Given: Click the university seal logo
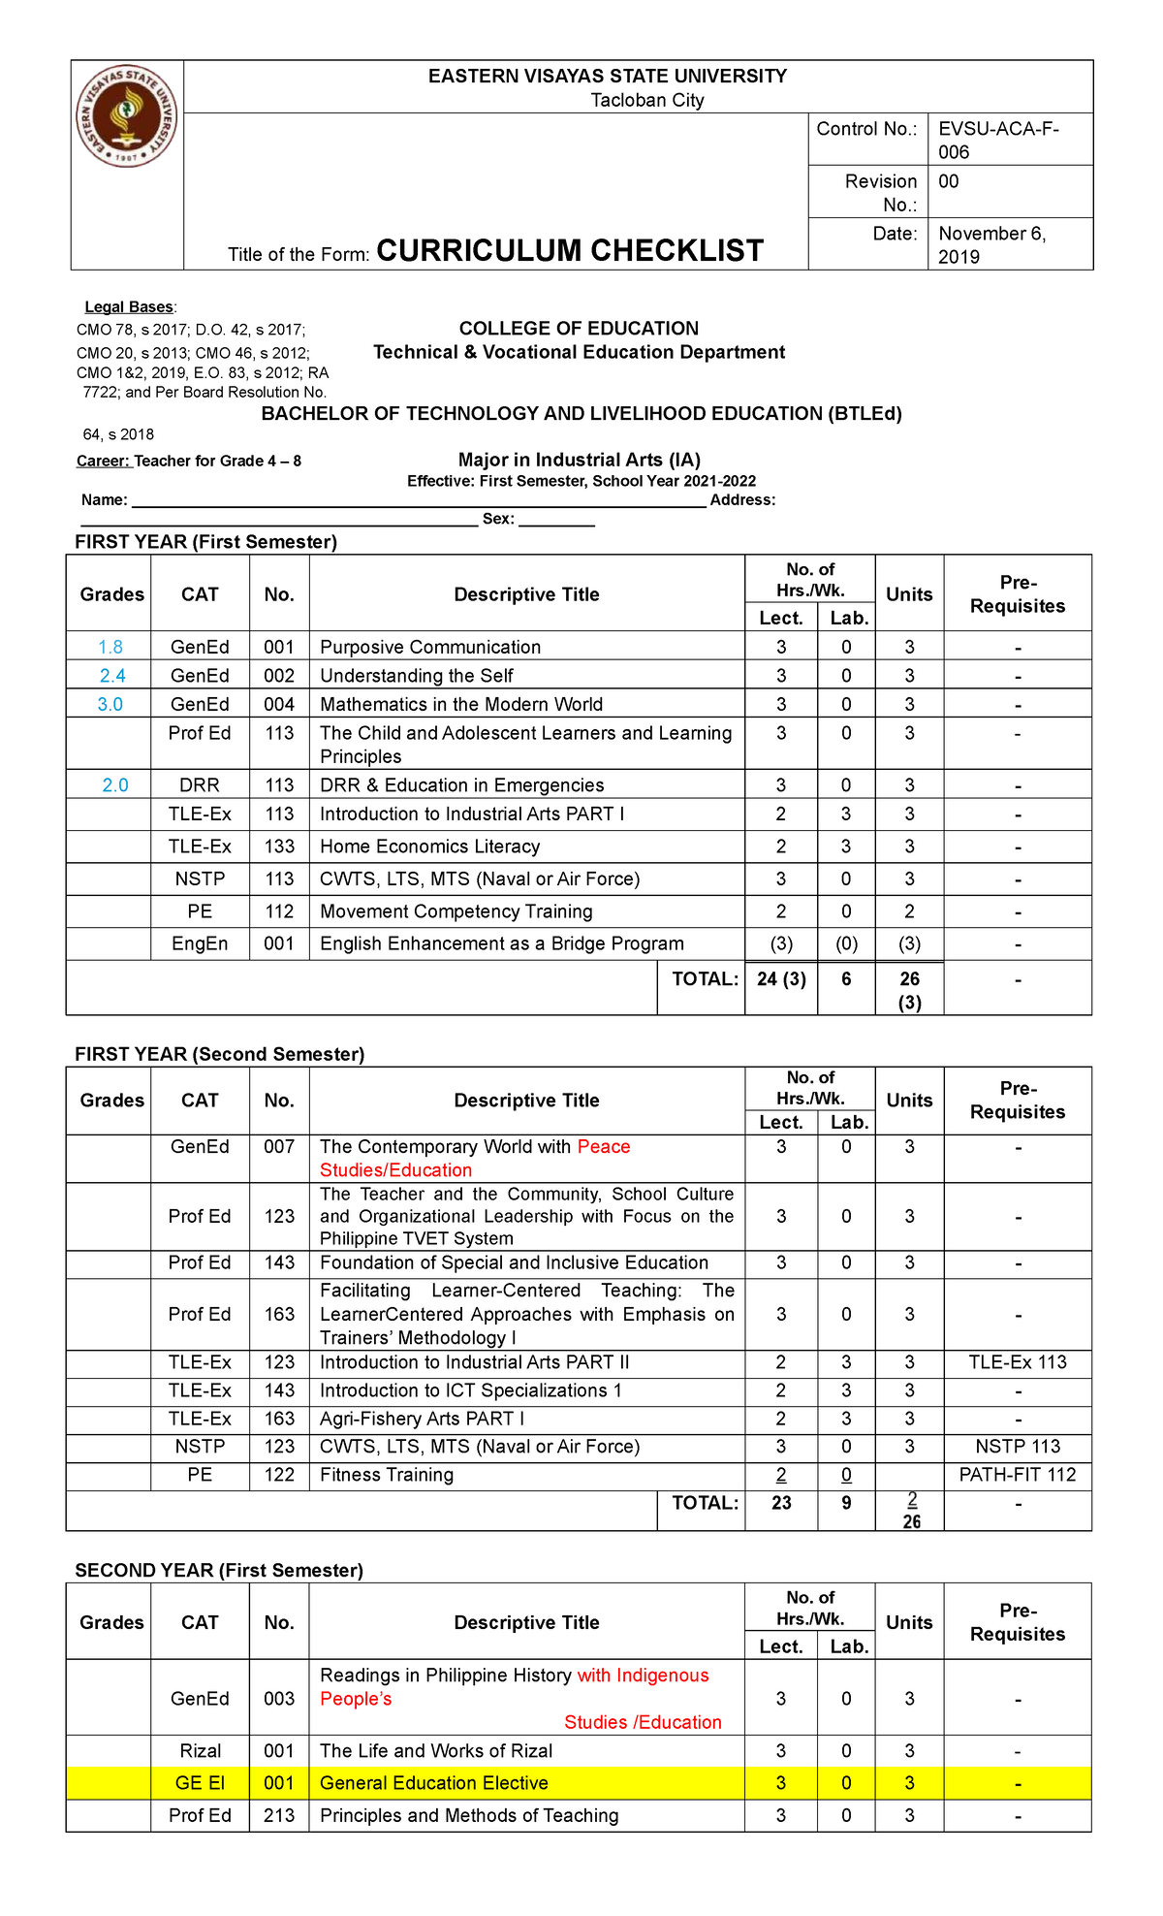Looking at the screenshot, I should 127,116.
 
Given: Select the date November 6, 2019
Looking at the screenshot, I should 991,244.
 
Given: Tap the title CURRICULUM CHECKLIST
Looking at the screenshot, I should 570,251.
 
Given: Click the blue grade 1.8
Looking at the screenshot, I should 110,647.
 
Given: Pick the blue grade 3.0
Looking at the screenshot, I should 110,704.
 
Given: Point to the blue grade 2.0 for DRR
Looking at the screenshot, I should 115,784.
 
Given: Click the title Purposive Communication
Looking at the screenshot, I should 430,647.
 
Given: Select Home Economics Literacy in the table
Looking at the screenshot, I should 429,846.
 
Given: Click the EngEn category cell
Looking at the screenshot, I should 200,943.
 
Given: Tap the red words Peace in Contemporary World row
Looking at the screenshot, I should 604,1146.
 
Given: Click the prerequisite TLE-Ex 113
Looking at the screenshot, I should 1018,1362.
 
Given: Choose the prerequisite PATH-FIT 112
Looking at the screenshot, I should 1018,1475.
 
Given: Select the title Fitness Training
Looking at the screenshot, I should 387,1475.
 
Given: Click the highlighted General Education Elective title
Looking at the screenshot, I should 433,1783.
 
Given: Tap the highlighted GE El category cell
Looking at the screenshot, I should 200,1783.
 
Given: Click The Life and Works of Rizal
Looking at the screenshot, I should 436,1751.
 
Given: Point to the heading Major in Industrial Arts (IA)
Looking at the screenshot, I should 579,460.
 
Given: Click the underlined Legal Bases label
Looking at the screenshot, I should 129,307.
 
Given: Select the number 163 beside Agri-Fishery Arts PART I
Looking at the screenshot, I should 279,1419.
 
